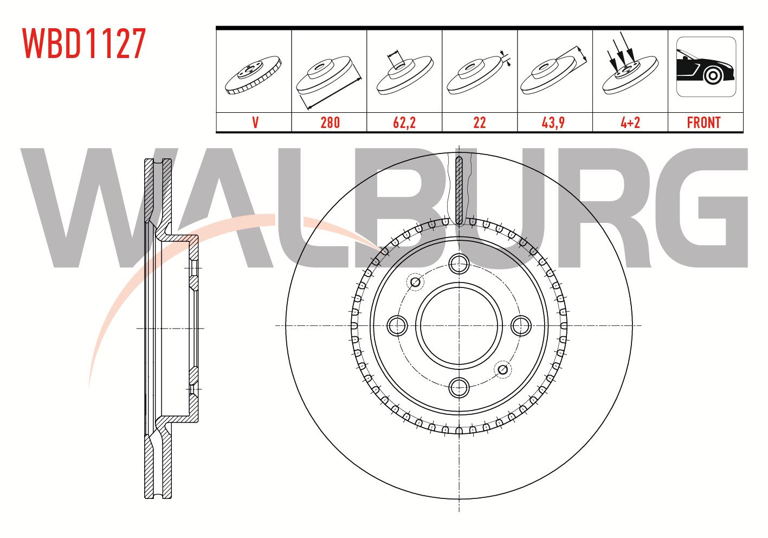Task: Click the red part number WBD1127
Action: coord(84,43)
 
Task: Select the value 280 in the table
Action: coord(330,123)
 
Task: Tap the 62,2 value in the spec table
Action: coord(404,123)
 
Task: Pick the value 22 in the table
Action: coord(479,123)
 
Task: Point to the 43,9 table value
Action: coord(553,123)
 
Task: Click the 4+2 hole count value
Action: coord(630,123)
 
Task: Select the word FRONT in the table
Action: coord(704,123)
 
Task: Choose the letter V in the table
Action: coord(255,123)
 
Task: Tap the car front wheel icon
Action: coord(706,67)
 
